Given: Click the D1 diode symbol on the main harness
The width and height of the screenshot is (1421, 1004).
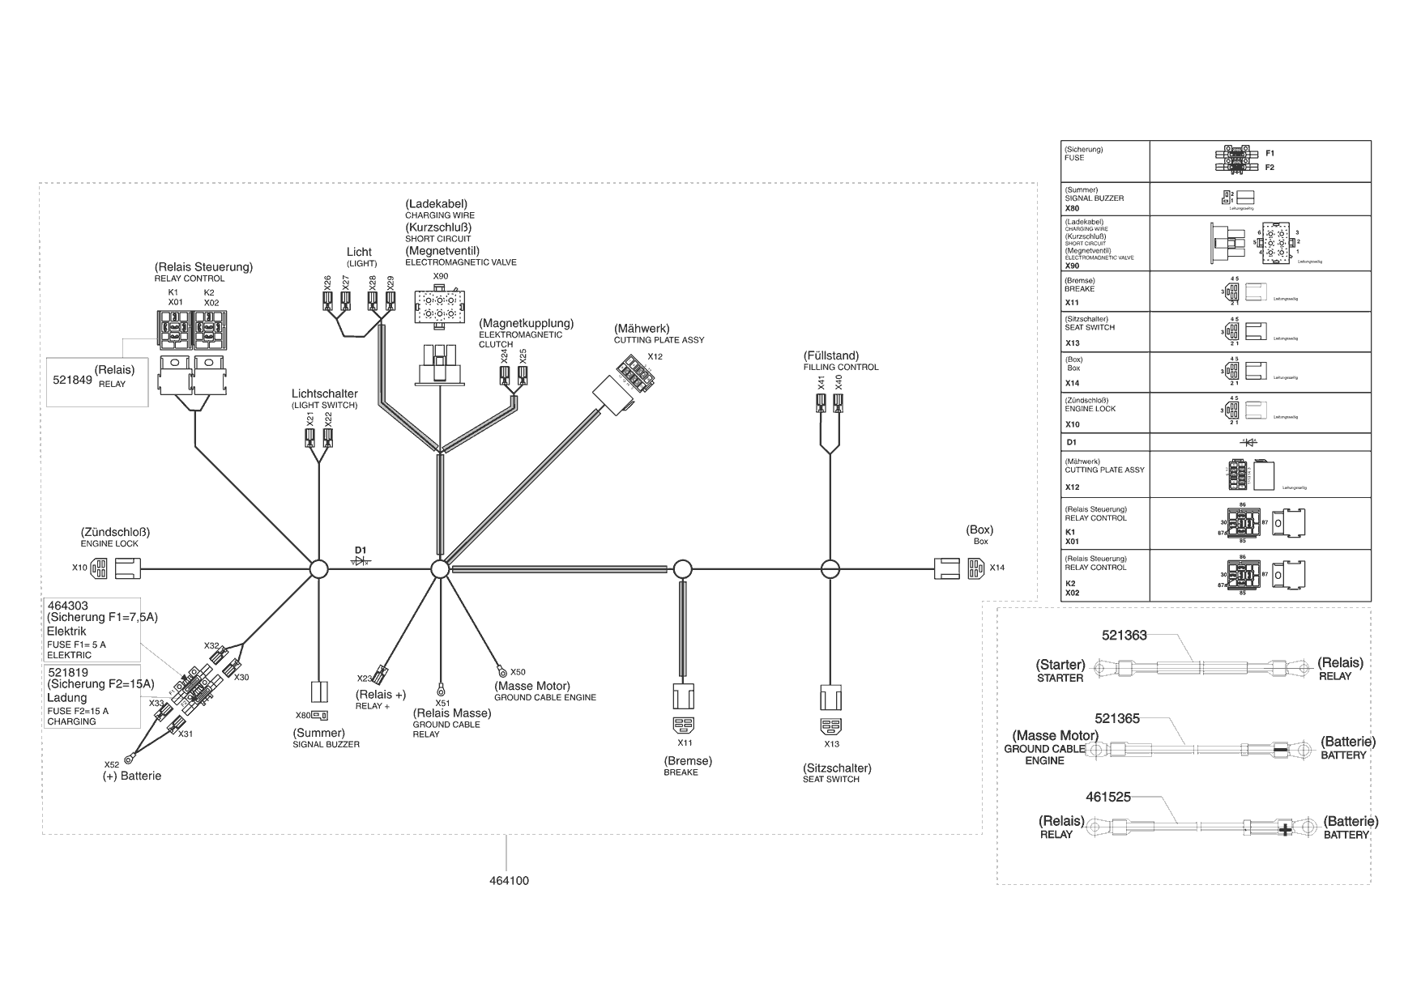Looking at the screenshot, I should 361,560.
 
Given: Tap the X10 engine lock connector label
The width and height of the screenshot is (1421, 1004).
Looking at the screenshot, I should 79,568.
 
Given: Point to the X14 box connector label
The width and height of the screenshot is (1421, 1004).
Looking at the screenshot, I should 996,568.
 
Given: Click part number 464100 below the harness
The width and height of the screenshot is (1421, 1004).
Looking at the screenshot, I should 509,880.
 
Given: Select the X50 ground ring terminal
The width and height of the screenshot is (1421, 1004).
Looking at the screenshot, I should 502,671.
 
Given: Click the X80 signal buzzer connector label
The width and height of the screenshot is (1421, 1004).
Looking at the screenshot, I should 302,715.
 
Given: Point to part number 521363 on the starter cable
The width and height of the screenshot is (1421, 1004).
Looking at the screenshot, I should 1124,636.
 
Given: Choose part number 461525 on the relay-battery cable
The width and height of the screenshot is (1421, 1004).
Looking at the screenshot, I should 1107,797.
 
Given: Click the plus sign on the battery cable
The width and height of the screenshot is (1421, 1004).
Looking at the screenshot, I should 1284,828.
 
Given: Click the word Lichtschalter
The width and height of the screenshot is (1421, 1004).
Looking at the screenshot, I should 324,394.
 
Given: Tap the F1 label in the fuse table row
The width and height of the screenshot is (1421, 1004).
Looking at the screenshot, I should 1270,153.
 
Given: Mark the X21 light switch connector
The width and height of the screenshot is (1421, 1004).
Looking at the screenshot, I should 309,438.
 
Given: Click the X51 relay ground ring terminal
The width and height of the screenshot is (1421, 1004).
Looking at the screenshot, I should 442,690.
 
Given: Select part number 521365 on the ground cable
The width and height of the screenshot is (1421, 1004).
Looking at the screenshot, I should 1117,718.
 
